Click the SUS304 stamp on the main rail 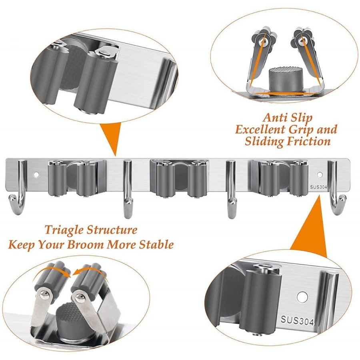coord(318,187)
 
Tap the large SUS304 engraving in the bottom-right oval coord(297,320)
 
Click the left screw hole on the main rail coord(36,175)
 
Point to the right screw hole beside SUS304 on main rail coord(319,175)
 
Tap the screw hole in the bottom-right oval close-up coord(302,297)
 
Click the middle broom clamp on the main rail coord(179,178)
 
